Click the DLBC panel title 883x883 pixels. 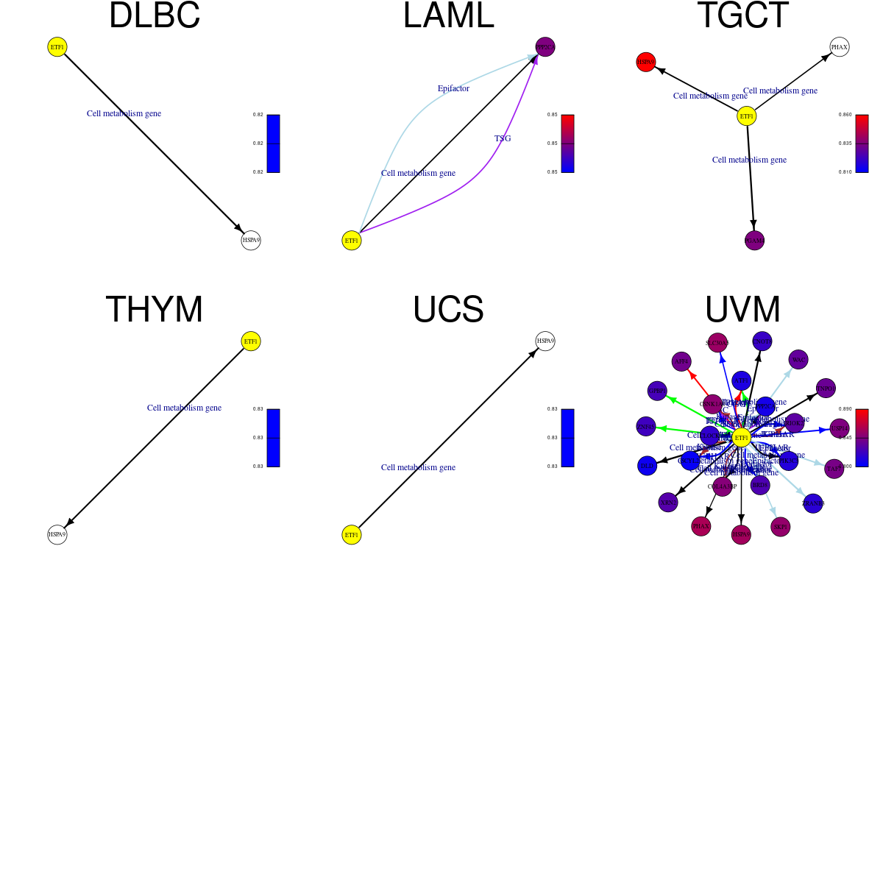click(x=155, y=16)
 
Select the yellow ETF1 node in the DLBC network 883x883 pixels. click(x=57, y=47)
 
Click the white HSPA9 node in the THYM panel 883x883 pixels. click(x=57, y=535)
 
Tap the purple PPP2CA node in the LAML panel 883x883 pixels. click(x=545, y=47)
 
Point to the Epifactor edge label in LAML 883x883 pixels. click(x=453, y=88)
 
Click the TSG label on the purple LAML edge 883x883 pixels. click(x=503, y=138)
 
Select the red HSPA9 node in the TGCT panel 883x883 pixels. click(x=646, y=63)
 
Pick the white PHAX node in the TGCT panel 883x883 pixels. click(x=840, y=47)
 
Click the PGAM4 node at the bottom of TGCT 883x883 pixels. click(x=755, y=241)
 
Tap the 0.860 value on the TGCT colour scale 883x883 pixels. click(x=845, y=115)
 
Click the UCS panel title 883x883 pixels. click(x=448, y=310)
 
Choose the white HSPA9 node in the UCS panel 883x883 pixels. click(x=545, y=341)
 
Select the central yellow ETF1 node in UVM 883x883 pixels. click(x=742, y=438)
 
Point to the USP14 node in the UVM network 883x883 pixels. click(x=840, y=428)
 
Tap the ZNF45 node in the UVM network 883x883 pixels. click(x=646, y=426)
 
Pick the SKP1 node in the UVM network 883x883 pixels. click(x=780, y=527)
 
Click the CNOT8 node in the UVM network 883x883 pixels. click(x=762, y=341)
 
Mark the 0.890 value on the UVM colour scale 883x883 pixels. click(x=845, y=409)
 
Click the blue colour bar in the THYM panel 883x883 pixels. click(x=273, y=438)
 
